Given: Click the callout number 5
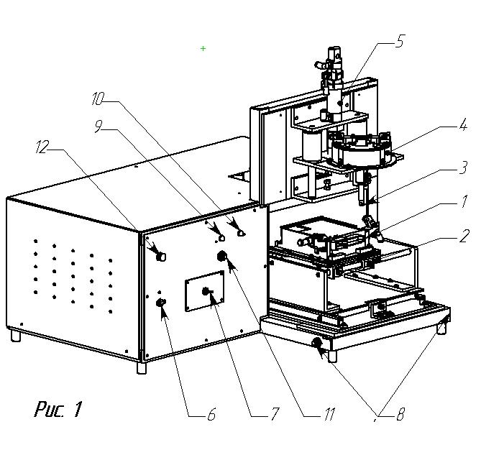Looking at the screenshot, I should (x=400, y=41).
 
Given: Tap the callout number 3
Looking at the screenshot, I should (x=464, y=167).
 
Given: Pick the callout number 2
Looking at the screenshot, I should (x=464, y=234).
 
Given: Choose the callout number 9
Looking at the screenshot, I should (x=99, y=127).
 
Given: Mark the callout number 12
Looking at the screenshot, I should (x=42, y=149).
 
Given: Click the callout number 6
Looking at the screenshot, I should (x=211, y=415).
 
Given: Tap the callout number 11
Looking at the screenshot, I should (x=329, y=415).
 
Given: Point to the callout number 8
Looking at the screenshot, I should (x=400, y=415).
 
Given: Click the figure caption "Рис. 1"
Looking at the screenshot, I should (x=58, y=410).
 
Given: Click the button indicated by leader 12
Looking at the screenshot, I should (x=160, y=255).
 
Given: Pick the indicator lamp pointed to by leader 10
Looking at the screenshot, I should (x=241, y=233).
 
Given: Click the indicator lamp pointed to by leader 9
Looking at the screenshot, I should (x=221, y=237).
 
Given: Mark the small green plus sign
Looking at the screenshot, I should (x=203, y=48).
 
